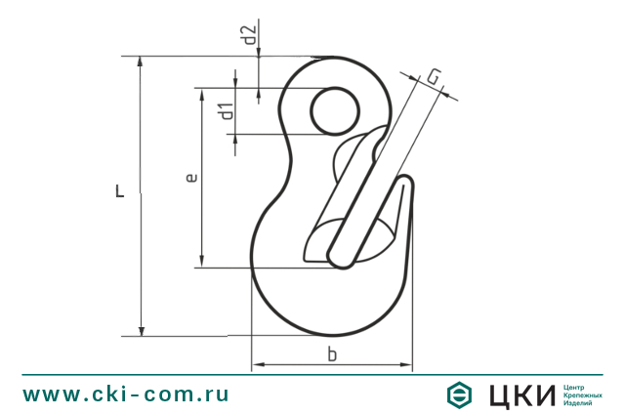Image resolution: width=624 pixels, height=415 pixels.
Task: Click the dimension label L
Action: tap(119, 191)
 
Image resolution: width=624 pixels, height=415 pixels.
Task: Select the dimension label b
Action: tap(332, 355)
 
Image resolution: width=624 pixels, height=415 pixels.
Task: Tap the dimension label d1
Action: tap(227, 111)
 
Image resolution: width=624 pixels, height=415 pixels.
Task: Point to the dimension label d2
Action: tap(250, 36)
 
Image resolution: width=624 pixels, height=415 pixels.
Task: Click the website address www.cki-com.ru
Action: tap(126, 394)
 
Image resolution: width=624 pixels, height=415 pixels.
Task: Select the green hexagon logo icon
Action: tap(460, 394)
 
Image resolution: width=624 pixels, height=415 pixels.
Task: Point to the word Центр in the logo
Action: tap(577, 386)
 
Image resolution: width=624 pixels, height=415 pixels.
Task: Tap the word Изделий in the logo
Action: tap(580, 403)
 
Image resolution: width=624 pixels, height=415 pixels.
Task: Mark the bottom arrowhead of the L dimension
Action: tap(142, 329)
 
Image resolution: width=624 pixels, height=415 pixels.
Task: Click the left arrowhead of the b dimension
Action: tap(258, 367)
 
